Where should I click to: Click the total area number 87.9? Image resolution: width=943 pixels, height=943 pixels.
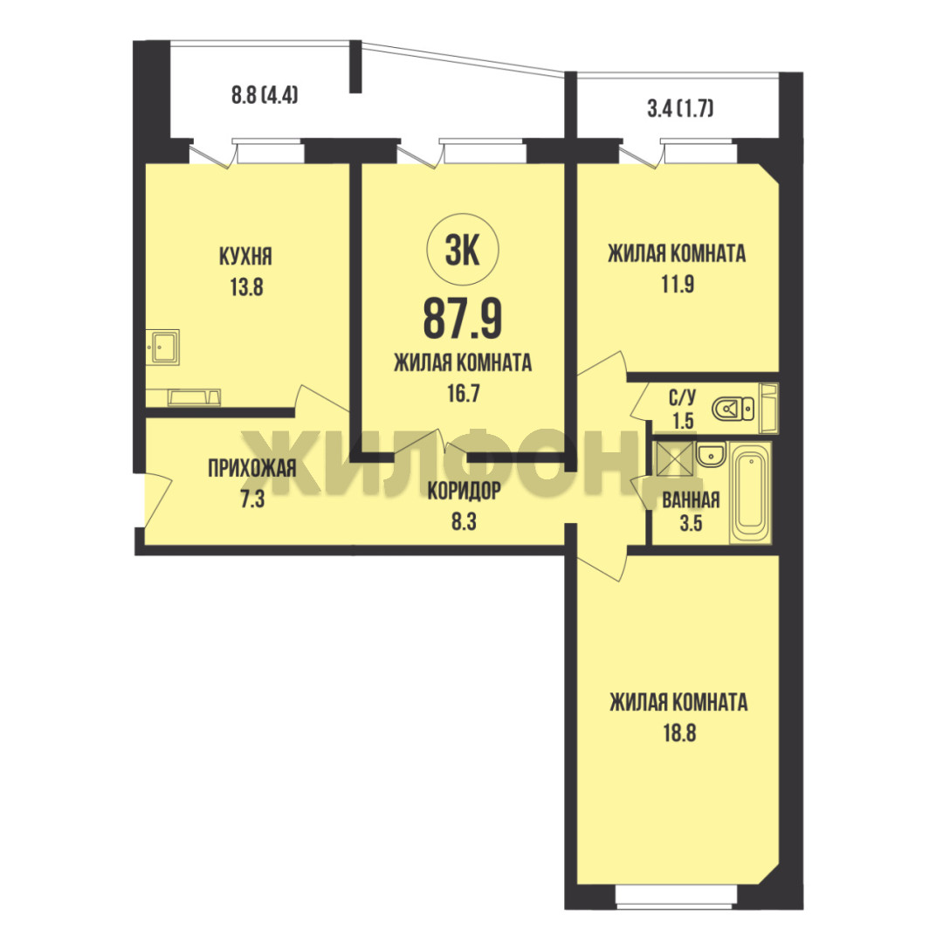pos(463,319)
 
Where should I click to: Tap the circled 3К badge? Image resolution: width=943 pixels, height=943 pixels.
pos(463,251)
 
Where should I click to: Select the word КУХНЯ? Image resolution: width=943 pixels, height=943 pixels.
pos(245,257)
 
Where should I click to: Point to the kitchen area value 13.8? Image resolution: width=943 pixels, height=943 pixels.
pos(246,287)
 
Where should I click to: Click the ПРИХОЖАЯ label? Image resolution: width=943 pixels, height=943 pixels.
pos(252,468)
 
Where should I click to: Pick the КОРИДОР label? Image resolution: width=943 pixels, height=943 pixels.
pos(464,491)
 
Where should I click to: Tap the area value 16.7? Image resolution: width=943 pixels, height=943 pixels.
pos(463,394)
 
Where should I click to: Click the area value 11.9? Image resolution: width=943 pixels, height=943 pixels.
pos(678,284)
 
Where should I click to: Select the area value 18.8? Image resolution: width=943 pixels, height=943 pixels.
pos(679,733)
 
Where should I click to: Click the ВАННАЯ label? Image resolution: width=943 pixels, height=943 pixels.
pos(691,499)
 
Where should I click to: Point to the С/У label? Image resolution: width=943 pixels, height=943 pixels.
pos(683,397)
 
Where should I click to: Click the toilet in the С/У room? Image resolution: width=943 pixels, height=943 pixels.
pos(733,410)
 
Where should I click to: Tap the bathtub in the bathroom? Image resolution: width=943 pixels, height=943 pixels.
pos(750,492)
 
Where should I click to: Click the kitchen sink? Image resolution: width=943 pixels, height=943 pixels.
pos(162,347)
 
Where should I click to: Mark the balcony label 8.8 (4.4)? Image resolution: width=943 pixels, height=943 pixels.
pos(265,95)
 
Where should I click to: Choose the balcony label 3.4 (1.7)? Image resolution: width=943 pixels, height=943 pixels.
pos(680,109)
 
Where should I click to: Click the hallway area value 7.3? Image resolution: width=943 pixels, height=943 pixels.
pos(252,499)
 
